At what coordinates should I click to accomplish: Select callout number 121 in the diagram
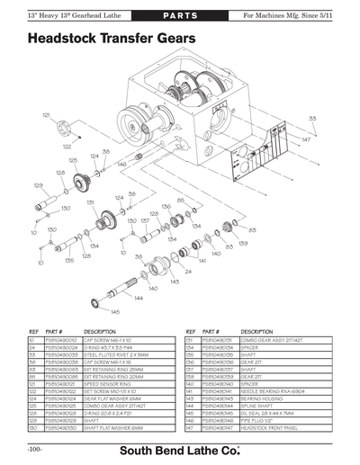(46, 116)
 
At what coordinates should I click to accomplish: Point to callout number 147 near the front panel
(306, 140)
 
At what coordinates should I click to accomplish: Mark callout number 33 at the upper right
(312, 118)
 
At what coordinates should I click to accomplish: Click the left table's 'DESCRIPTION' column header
(102, 332)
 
